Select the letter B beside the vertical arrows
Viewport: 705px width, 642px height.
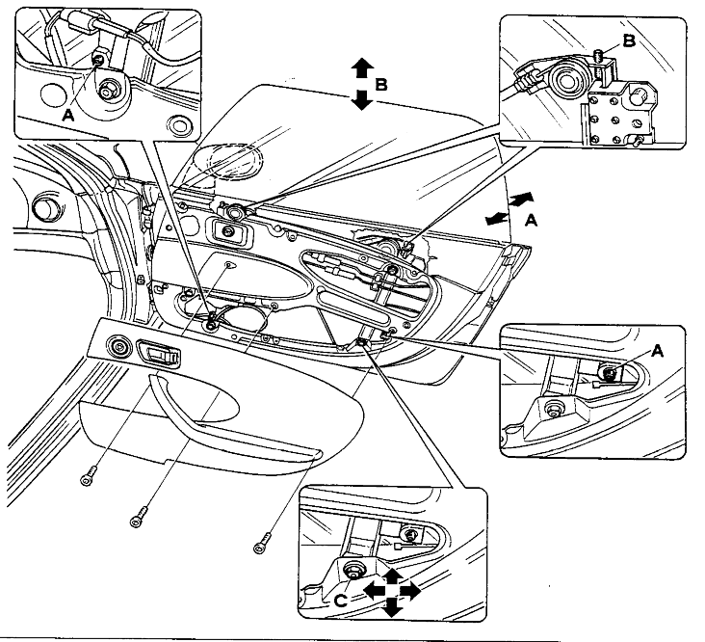click(381, 85)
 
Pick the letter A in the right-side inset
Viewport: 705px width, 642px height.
click(657, 353)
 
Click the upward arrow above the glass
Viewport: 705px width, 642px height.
click(361, 67)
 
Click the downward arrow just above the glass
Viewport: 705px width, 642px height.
click(361, 98)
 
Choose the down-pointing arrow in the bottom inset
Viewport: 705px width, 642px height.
click(391, 607)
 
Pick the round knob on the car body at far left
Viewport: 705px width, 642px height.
click(43, 208)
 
